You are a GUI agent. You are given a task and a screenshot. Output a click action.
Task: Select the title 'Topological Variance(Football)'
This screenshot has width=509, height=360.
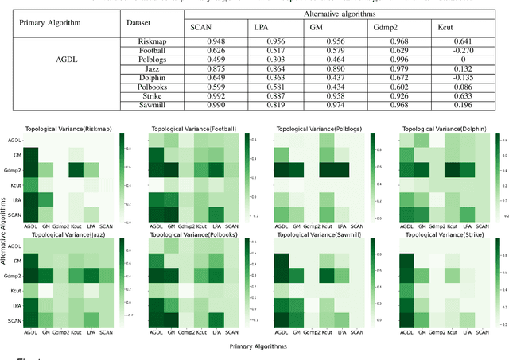click(192, 129)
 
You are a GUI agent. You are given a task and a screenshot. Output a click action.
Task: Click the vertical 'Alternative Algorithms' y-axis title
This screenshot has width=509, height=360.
click(6, 230)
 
